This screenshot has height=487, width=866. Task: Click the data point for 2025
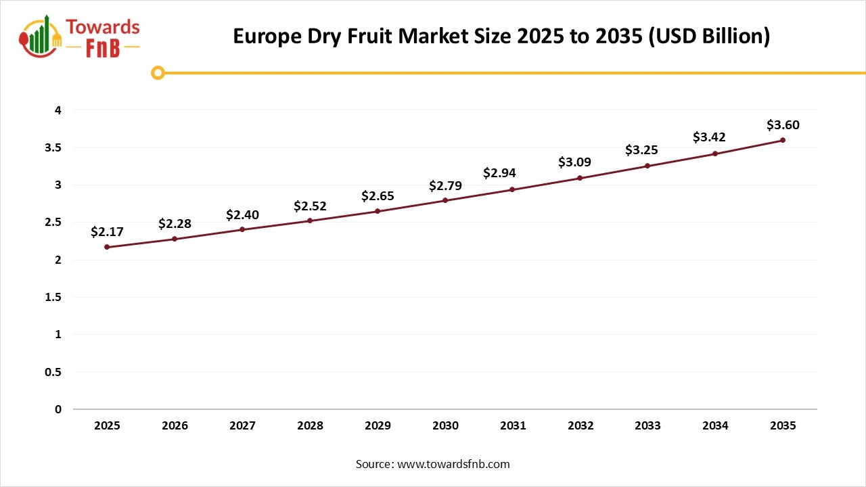(107, 247)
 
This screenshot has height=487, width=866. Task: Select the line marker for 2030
(445, 200)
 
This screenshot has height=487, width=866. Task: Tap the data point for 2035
(783, 140)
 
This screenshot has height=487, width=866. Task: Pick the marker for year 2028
(310, 221)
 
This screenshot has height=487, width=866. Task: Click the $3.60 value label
(783, 125)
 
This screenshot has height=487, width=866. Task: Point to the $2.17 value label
(107, 232)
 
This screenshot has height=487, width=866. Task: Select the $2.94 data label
(499, 173)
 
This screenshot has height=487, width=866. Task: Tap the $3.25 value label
(641, 150)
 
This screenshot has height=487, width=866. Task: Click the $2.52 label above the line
(310, 206)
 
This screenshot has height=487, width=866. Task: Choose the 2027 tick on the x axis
(242, 425)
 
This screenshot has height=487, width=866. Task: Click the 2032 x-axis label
(580, 425)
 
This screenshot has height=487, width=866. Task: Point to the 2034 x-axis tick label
(715, 425)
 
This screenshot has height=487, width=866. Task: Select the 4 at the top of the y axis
(58, 110)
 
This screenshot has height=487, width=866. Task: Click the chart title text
(501, 36)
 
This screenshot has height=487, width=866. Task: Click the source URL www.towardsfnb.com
(453, 464)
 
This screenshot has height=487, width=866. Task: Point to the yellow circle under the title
(158, 72)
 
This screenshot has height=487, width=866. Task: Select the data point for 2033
(647, 166)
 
